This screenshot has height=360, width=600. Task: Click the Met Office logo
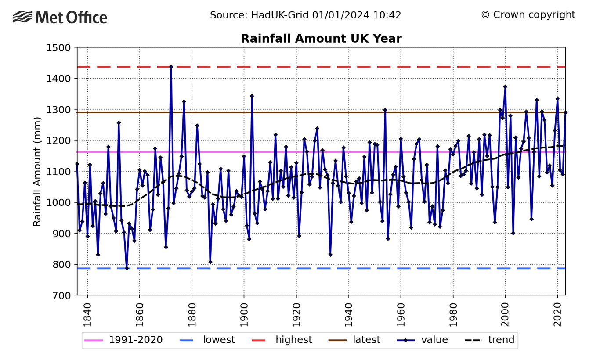click(60, 18)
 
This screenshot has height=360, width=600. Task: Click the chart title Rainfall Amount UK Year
click(321, 39)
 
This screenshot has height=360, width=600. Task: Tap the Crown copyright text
click(528, 15)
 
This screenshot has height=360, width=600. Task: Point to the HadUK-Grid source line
click(305, 15)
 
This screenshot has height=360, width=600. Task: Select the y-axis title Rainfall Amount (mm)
click(37, 171)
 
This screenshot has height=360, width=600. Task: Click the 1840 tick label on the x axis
click(87, 315)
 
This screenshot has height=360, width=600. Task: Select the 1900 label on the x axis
click(244, 315)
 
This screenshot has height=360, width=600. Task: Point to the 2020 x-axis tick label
click(557, 315)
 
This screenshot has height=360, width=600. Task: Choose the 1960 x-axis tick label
click(401, 315)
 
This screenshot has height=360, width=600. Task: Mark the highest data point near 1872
click(171, 67)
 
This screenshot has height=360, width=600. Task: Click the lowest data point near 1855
click(127, 268)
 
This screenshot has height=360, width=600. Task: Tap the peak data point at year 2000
click(505, 86)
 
